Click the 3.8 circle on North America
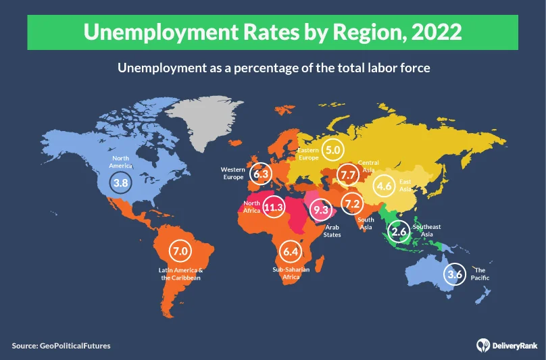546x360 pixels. click(119, 182)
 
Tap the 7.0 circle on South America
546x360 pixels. click(180, 252)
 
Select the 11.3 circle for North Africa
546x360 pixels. click(273, 207)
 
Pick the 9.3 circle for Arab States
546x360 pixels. click(320, 210)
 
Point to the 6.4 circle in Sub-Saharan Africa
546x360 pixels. click(291, 252)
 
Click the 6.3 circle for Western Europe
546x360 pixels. click(260, 174)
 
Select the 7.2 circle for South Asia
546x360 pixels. click(351, 203)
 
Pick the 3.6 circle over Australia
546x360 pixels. click(455, 274)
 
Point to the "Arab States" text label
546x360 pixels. click(332, 231)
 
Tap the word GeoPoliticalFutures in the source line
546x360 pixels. click(75, 346)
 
